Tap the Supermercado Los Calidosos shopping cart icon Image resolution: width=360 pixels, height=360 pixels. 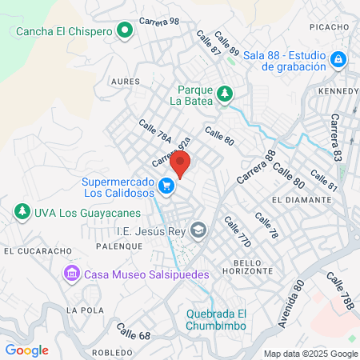point(166,186)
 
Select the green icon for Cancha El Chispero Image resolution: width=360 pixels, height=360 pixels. point(124,32)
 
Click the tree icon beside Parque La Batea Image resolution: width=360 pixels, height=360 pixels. point(226,94)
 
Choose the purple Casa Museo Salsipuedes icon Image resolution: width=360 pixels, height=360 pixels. point(72,274)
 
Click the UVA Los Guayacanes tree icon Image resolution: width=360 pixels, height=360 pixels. point(20,212)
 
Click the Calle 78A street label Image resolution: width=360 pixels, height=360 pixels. point(155,132)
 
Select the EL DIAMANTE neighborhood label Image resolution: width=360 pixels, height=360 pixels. point(302,199)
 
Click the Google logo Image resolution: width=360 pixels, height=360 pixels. point(26,350)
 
